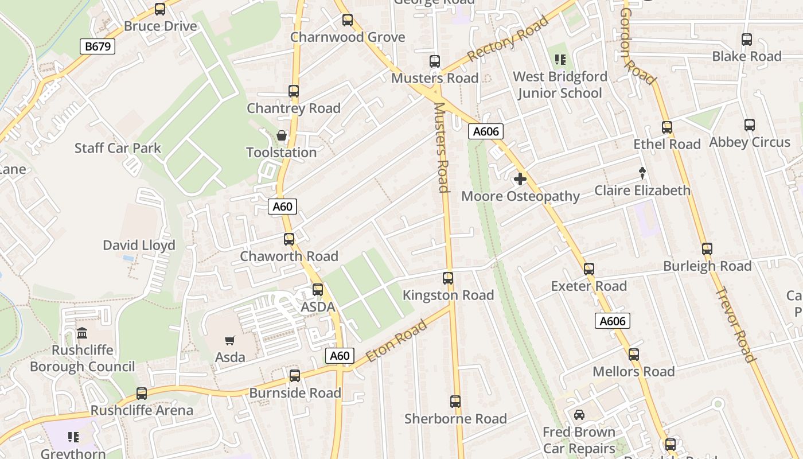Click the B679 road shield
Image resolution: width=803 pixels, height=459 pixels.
(x=98, y=46)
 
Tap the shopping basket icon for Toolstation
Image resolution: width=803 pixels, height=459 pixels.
(x=282, y=136)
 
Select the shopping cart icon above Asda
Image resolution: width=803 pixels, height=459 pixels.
(x=230, y=341)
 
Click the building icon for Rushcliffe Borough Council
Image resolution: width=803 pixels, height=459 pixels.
(x=82, y=333)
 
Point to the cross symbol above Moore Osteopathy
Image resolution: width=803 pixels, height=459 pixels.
(x=520, y=180)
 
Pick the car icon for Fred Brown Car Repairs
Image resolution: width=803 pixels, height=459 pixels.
(x=579, y=415)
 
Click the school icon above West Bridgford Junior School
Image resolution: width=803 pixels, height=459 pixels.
(x=560, y=60)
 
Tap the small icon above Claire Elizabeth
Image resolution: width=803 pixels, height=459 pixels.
(x=642, y=173)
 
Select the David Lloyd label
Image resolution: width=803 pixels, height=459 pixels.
(x=139, y=246)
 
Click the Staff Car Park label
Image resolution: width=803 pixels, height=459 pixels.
(x=118, y=148)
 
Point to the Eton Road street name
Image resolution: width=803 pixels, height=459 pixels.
(x=396, y=341)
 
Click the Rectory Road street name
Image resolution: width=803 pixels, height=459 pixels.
(x=508, y=40)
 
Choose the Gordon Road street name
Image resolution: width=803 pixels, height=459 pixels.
(x=637, y=46)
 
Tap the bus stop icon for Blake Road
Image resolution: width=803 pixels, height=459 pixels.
(x=747, y=40)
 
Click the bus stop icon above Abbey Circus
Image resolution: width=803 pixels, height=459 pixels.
(x=750, y=125)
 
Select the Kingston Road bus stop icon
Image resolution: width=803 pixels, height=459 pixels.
(x=448, y=278)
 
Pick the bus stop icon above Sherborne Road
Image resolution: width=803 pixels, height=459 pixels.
(x=455, y=402)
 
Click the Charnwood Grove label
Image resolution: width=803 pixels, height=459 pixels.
(x=348, y=37)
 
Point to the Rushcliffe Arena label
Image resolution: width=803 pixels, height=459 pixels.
(x=142, y=411)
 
